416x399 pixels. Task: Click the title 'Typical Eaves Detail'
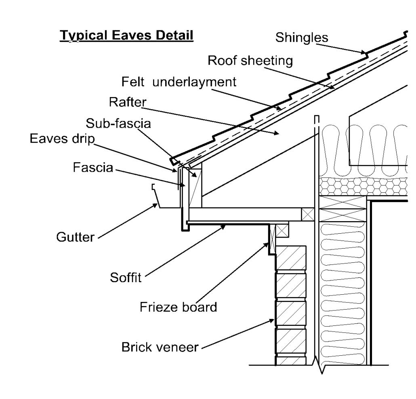(127, 36)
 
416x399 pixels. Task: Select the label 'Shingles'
(302, 38)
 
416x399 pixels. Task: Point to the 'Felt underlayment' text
(178, 82)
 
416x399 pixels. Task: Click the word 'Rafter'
(127, 102)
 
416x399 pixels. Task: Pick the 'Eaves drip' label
(61, 139)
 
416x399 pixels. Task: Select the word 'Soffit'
(126, 279)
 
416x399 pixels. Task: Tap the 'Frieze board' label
(179, 307)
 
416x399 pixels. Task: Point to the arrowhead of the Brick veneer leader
(273, 320)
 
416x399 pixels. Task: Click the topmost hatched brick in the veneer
(290, 258)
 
